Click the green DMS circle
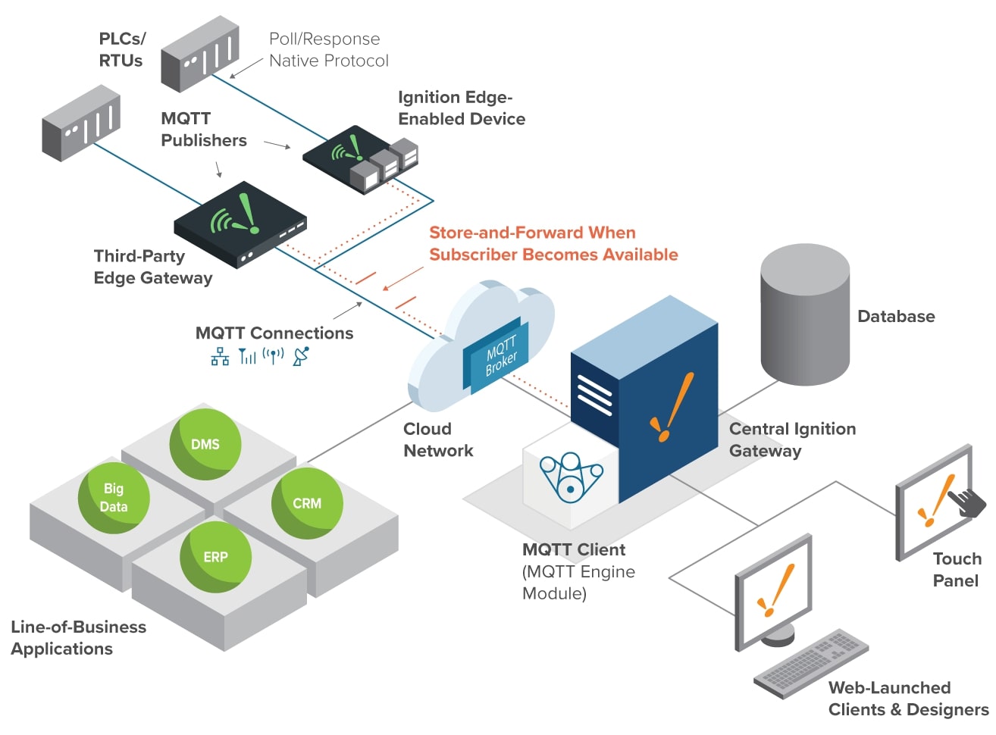pos(205,444)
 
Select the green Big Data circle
pos(114,498)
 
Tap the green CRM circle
pos(307,503)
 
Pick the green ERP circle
pos(215,557)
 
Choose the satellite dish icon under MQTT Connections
pos(301,356)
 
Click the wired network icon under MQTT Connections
pos(220,356)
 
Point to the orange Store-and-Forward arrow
pos(402,278)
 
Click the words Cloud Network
pos(438,439)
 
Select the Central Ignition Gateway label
pos(792,439)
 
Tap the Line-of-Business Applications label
pos(78,637)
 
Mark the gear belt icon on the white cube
pos(570,477)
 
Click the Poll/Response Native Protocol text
pos(328,50)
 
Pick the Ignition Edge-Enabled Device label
pos(461,108)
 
